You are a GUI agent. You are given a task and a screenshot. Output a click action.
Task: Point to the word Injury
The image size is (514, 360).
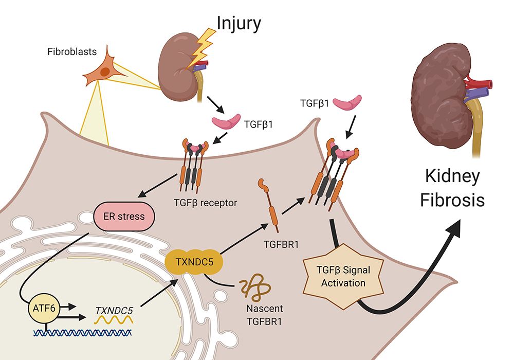tap(238, 23)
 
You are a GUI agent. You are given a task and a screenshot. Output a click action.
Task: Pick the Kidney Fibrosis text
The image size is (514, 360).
tap(452, 188)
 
